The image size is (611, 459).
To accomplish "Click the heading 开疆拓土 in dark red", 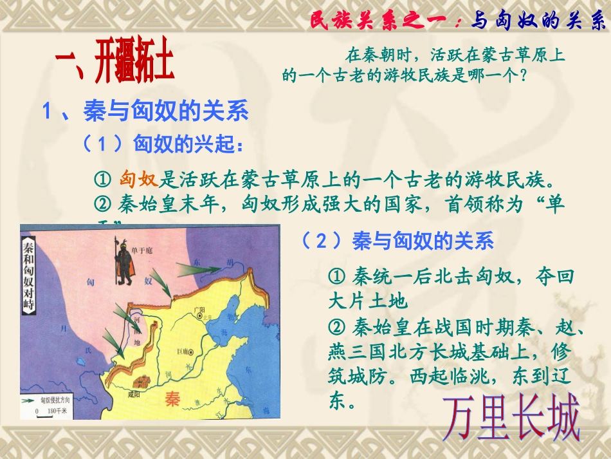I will coord(114,63).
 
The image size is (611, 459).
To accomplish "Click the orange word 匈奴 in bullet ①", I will coord(138,178).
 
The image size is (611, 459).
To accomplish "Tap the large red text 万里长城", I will coord(511,418).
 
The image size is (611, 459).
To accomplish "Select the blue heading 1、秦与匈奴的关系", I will coord(145,111).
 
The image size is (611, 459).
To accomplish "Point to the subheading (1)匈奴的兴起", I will coord(163,144).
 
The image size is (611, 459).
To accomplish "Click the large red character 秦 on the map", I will coord(173,398).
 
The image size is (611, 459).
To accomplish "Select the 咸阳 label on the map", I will coord(134,393).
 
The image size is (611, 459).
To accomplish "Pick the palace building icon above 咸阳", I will coord(138,381).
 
